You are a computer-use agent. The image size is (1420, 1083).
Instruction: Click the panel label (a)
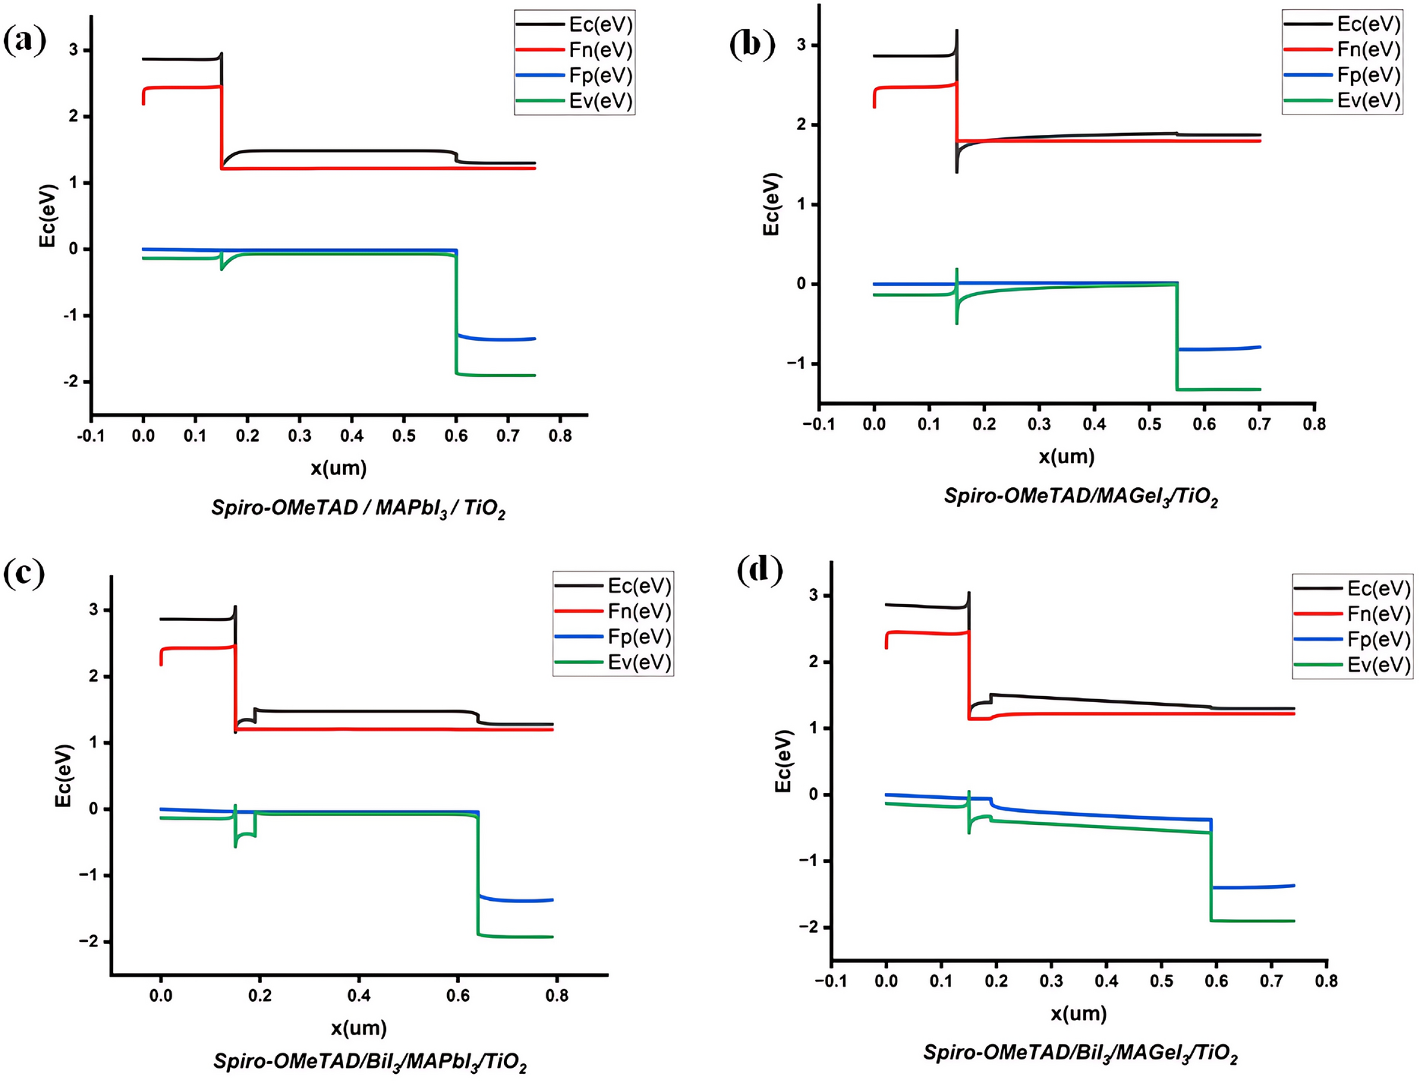pos(24,39)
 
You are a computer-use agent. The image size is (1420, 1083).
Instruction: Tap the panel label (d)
pos(760,569)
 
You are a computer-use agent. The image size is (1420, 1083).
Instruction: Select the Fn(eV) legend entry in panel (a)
pos(600,50)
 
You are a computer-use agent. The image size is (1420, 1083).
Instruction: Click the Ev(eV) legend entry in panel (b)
pos(1368,100)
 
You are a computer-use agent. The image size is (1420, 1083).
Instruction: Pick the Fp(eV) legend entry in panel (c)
pos(638,637)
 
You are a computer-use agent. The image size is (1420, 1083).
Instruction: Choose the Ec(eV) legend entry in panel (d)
pos(1378,588)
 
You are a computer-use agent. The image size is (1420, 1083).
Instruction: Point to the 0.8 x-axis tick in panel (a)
pos(560,436)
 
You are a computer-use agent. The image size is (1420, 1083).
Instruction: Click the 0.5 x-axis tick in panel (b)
pos(1149,424)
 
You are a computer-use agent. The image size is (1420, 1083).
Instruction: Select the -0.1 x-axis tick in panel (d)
pos(831,981)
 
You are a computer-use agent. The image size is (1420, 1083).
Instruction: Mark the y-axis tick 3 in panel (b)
pos(802,46)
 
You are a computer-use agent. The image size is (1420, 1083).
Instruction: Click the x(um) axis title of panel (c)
pos(358,1028)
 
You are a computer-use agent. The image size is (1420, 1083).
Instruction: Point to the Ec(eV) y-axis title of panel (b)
pos(771,203)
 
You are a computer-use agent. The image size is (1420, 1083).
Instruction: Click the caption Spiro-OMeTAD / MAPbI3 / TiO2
pos(357,508)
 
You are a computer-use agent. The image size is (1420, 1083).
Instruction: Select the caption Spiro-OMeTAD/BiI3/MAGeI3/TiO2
pos(1080,1053)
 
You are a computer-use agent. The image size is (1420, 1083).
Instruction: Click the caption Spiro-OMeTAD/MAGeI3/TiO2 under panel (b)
pos(1080,497)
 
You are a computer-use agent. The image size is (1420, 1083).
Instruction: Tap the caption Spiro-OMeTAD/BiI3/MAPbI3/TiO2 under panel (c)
pos(370,1062)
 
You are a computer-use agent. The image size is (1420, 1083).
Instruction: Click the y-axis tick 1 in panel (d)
pos(814,729)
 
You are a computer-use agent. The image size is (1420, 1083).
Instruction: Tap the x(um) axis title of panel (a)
pos(338,468)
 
